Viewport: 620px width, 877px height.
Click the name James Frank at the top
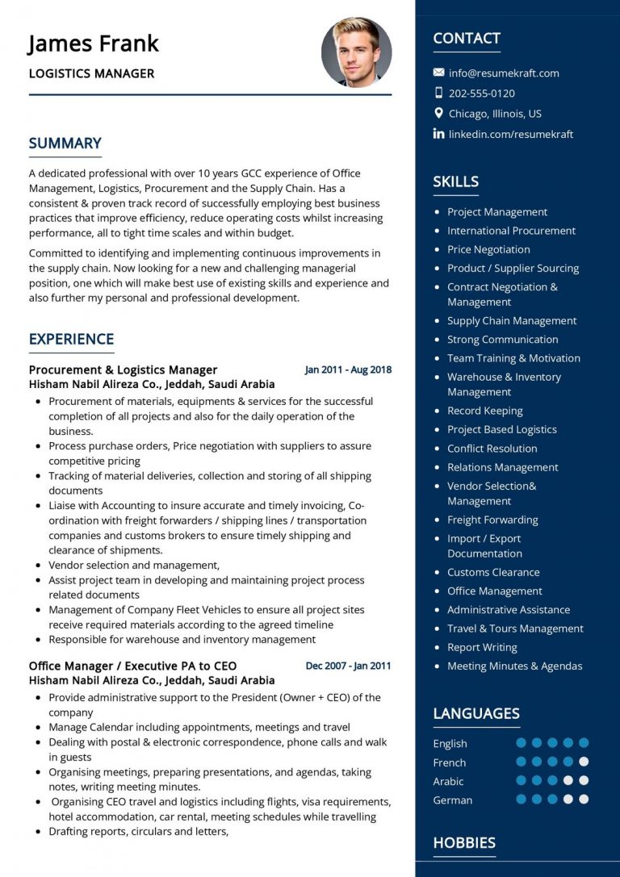[x=94, y=44]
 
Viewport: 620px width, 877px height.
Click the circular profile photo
[x=356, y=52]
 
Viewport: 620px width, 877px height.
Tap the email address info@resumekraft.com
[x=504, y=73]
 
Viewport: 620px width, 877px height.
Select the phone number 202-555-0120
[x=481, y=93]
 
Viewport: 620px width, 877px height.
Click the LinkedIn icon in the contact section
[x=438, y=134]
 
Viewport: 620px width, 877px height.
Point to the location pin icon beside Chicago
[x=438, y=114]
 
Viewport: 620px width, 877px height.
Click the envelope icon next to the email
[x=438, y=73]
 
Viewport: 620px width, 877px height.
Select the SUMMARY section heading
[x=65, y=144]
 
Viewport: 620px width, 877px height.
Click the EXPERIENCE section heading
[x=71, y=339]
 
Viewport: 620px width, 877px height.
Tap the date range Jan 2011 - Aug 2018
[x=348, y=370]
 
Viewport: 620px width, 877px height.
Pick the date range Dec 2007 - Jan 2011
[x=348, y=666]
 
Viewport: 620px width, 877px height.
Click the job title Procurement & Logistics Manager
[x=123, y=370]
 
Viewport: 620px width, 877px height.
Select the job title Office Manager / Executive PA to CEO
[x=132, y=666]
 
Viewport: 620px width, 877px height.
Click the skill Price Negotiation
[x=488, y=249]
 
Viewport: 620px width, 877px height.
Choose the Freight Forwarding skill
[x=492, y=520]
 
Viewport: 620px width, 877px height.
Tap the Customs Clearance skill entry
[x=493, y=572]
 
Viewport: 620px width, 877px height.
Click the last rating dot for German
[x=584, y=800]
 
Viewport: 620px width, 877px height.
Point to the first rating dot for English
[x=521, y=743]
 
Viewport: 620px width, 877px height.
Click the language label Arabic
[x=448, y=781]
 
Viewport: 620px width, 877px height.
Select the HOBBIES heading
[x=464, y=843]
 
